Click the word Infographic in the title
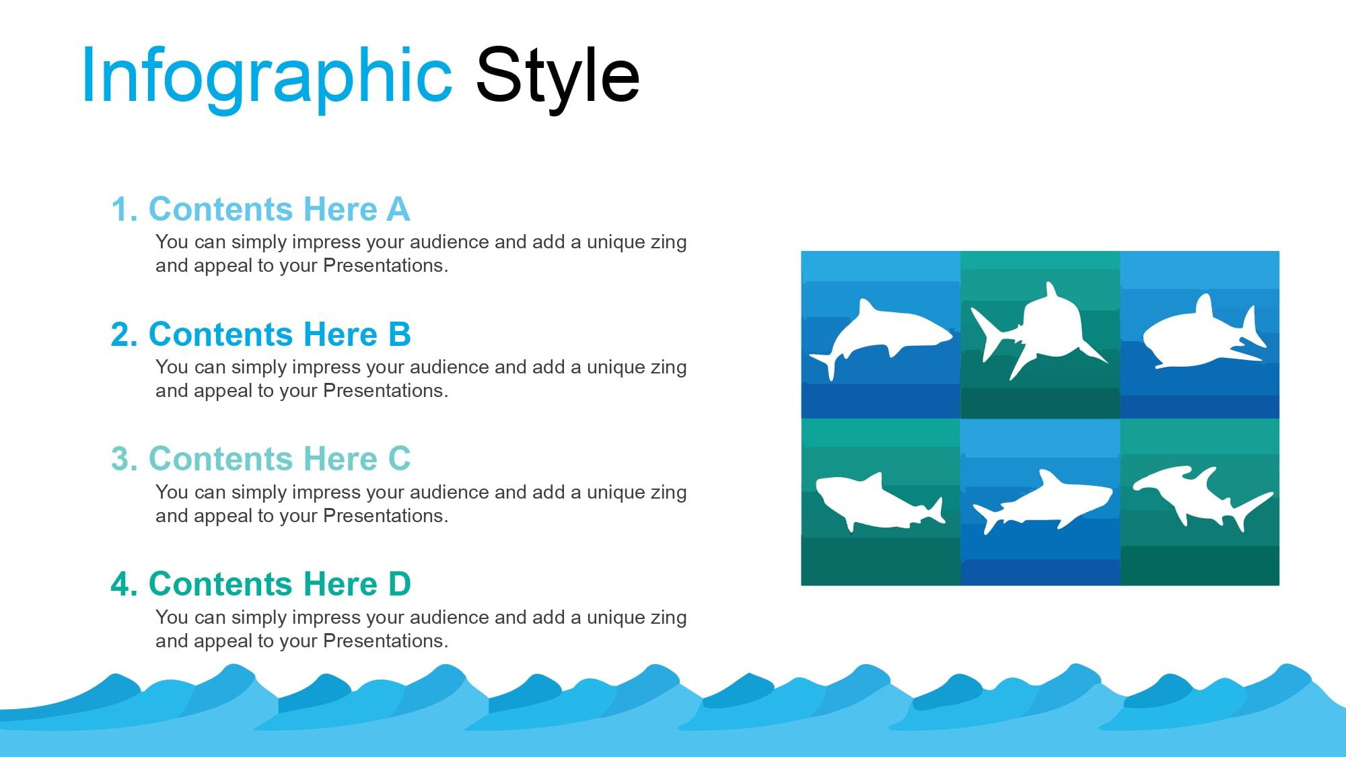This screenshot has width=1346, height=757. (267, 77)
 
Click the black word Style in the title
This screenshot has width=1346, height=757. (557, 77)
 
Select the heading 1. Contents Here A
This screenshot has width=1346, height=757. (260, 209)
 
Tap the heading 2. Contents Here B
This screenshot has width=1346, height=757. (260, 334)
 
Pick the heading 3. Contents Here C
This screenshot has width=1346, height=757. (260, 459)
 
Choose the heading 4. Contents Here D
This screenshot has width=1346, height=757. (260, 584)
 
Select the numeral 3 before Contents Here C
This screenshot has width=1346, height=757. (120, 459)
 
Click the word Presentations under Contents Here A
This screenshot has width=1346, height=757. (386, 266)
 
